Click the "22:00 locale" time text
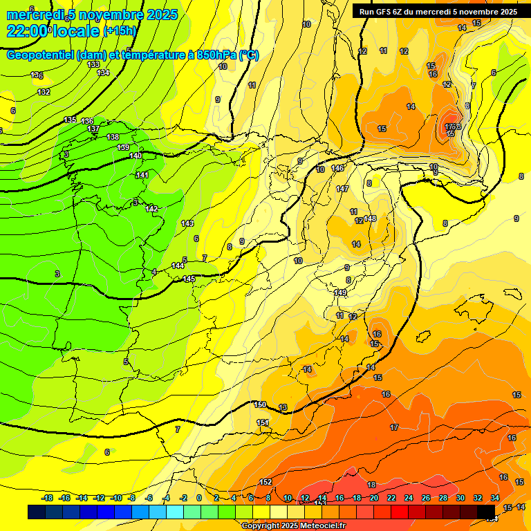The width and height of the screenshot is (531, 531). pos(52,30)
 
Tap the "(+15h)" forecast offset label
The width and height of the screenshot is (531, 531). pos(120,31)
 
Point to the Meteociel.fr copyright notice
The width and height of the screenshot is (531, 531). pos(294,525)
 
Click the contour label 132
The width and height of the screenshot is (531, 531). pos(44,92)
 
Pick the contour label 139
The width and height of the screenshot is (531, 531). pos(124,147)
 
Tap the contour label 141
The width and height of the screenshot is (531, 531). pos(142,175)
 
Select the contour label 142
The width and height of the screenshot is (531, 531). pos(152,209)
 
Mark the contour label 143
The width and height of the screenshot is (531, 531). pos(187,223)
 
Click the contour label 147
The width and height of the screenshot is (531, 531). pos(342,189)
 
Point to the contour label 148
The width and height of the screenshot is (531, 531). pos(370,218)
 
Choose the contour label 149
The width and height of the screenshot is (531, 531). pos(340,292)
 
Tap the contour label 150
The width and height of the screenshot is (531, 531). pos(260,404)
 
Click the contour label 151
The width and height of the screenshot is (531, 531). pos(263,422)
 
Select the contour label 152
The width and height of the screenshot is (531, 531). pos(265,482)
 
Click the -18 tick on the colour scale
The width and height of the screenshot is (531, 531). pos(48,498)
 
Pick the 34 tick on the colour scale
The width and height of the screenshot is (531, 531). pos(495,498)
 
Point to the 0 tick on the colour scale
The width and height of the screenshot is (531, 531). pos(199,498)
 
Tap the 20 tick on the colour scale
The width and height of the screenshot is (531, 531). pos(374,498)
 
